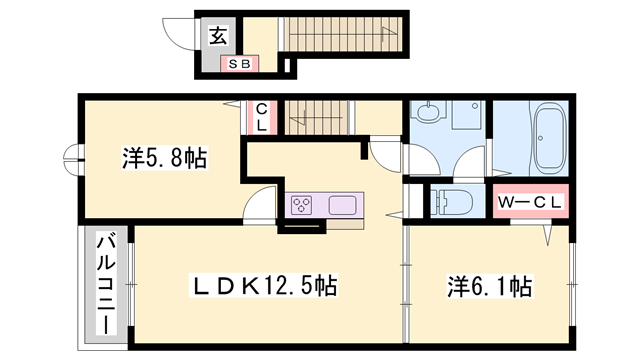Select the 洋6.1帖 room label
[488, 285]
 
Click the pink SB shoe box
[240, 64]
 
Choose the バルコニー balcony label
[105, 283]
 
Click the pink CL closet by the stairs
[260, 118]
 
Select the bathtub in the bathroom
[550, 140]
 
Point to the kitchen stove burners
[302, 205]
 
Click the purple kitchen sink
[343, 205]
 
